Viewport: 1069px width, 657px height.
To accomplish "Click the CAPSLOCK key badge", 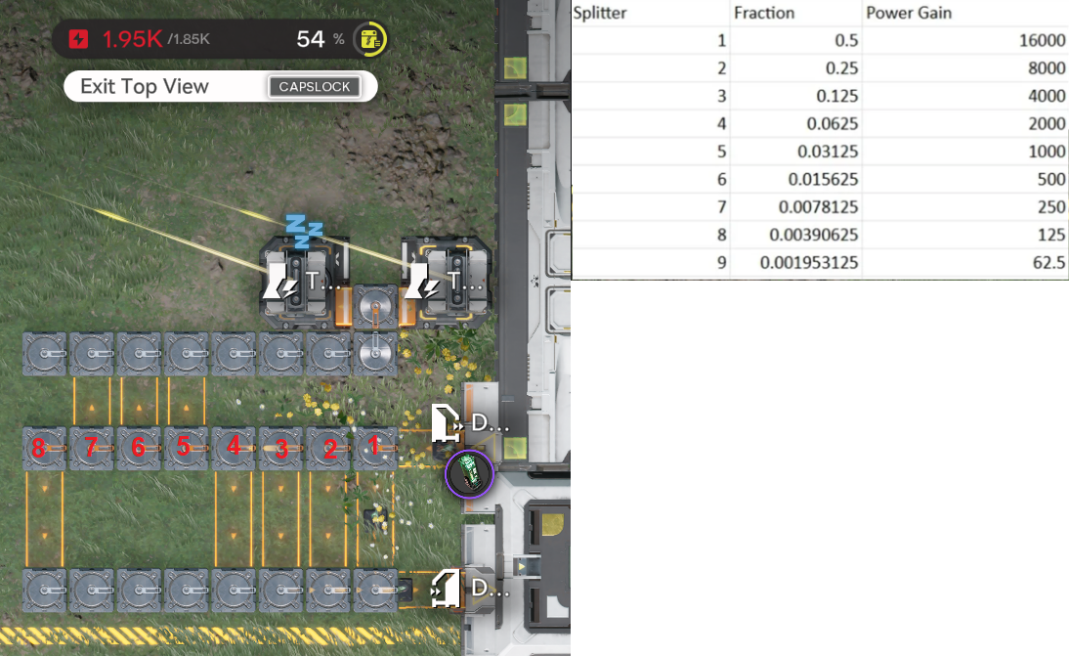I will pos(315,87).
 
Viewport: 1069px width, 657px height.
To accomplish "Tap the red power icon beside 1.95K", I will pos(80,40).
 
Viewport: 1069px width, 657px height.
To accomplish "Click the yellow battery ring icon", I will pos(370,40).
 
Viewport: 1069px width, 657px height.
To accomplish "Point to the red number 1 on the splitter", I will pos(373,447).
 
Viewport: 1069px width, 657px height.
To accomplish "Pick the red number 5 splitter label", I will pos(184,447).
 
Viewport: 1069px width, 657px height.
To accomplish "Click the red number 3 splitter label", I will pos(281,449).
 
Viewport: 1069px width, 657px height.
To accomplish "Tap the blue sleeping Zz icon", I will pos(304,230).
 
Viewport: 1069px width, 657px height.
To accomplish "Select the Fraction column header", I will pos(764,14).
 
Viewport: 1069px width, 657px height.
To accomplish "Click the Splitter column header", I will pos(600,14).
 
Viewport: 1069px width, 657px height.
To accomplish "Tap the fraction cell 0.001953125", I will pos(795,263).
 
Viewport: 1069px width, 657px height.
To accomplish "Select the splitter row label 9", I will pos(722,263).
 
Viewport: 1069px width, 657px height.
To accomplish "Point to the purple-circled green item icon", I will pos(470,475).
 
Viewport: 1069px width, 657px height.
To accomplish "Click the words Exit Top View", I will pos(145,86).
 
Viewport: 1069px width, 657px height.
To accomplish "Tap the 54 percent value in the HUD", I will pos(311,39).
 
